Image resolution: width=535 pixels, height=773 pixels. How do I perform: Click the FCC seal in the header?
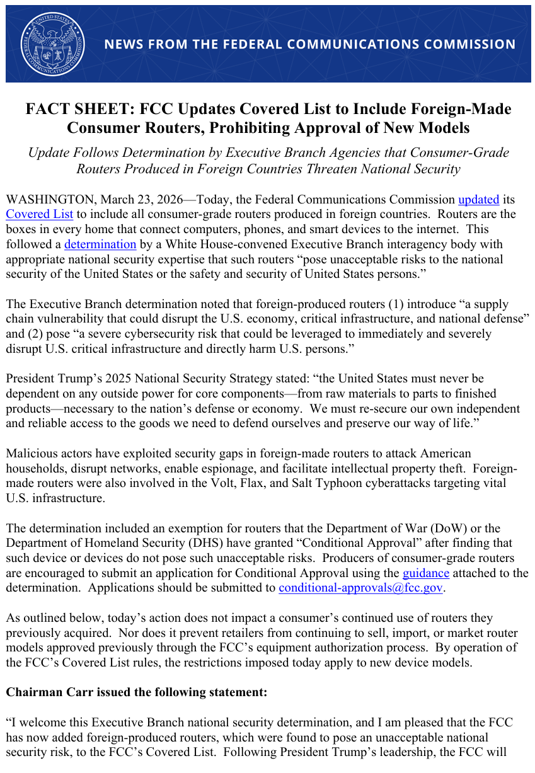(52, 44)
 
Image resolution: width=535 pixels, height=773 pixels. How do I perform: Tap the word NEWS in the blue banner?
(122, 45)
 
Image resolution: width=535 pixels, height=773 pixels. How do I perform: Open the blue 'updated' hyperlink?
(478, 200)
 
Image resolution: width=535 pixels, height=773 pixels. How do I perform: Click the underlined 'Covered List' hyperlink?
(39, 214)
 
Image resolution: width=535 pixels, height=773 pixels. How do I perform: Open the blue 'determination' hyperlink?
(100, 244)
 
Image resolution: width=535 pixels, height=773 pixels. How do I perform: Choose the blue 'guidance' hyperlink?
(426, 573)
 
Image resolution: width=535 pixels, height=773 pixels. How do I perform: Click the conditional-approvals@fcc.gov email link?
(361, 588)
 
